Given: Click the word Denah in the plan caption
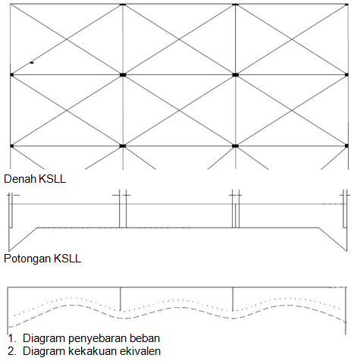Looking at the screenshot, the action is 20,179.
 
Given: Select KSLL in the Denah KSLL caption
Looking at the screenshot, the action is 52,179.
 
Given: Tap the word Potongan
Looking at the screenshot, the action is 27,259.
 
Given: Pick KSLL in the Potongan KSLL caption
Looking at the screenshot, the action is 67,259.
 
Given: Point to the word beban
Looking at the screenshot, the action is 145,338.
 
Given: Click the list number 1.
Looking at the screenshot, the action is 11,338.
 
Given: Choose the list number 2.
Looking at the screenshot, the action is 11,351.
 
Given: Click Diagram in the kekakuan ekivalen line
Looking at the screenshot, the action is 44,351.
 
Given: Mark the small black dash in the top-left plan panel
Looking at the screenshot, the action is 32,62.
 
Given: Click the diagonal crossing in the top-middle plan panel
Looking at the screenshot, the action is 179,39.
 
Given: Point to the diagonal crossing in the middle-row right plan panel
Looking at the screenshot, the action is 292,111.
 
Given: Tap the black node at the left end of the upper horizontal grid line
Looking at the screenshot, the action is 11,75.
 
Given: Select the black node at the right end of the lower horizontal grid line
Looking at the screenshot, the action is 346,146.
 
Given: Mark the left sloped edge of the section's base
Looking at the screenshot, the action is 23,239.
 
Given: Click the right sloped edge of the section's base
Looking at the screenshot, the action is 333,239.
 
